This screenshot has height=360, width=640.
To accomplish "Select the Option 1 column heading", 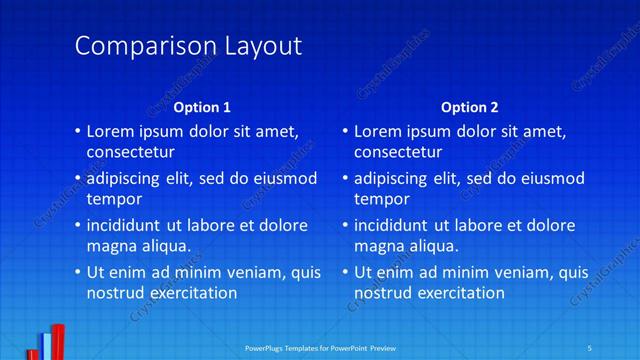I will [202, 107].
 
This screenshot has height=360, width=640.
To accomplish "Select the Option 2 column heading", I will [469, 107].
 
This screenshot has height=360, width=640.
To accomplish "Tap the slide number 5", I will [590, 347].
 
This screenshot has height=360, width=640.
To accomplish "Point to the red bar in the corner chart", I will [59, 342].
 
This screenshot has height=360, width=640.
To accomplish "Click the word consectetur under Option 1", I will [131, 153].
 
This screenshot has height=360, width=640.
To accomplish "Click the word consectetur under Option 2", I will [398, 153].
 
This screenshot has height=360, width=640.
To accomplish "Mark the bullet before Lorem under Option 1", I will [78, 132].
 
